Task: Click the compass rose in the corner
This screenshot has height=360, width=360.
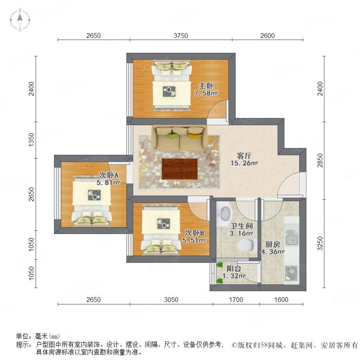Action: point(20,20)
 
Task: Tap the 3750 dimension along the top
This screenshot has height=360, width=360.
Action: point(181,36)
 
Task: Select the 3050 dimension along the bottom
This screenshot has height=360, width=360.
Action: point(171,300)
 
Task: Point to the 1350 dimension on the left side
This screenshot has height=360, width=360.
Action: point(31,140)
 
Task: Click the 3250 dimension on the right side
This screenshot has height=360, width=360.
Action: point(320,243)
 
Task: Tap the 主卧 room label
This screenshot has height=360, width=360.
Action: point(206,86)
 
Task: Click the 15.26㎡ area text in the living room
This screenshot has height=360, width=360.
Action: point(244,163)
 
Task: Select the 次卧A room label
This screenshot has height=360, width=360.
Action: point(109,175)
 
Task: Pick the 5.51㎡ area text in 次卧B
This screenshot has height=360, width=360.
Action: point(194,240)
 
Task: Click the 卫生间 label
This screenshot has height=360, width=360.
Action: point(242,226)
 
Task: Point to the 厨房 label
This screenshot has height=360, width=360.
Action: point(273,244)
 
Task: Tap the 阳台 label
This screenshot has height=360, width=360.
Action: point(234,269)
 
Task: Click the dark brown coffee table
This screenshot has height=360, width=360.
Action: point(180,169)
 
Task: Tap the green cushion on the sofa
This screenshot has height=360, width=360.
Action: point(173,136)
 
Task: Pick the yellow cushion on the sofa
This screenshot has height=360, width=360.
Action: point(195,136)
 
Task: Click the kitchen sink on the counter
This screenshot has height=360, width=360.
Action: point(292,238)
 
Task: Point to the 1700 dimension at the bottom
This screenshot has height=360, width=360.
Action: point(236,300)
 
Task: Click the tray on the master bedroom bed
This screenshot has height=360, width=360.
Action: point(169,91)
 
